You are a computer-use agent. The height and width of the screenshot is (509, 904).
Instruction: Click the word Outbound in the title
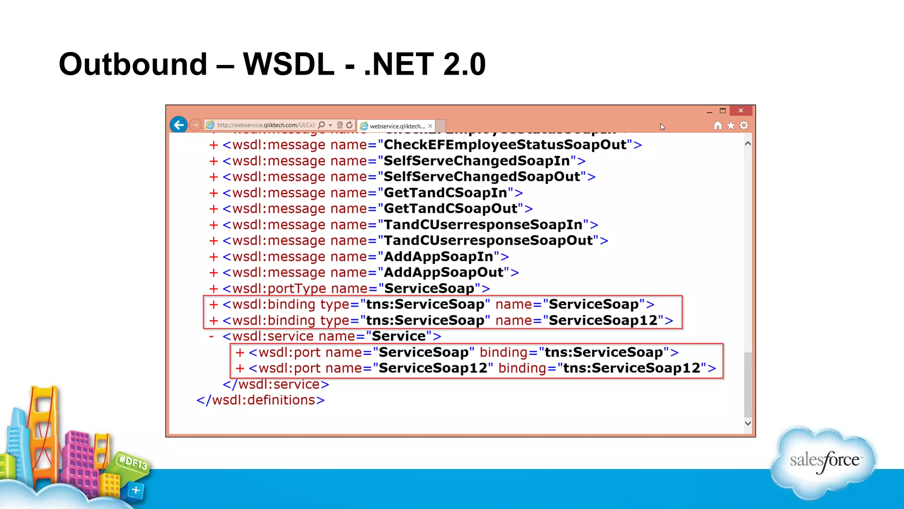pos(133,65)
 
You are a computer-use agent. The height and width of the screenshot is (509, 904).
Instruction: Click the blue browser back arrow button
pos(179,125)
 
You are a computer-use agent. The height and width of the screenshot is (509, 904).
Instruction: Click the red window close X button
pos(741,110)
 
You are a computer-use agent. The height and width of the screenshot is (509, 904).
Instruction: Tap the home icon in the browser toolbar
pos(718,125)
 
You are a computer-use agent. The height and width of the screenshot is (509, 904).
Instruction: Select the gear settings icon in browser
pos(744,125)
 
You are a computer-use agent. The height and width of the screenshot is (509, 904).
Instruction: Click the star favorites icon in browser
pos(731,125)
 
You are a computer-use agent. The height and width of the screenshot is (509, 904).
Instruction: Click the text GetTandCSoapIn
pos(445,193)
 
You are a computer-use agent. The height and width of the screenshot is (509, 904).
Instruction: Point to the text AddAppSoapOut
pos(444,272)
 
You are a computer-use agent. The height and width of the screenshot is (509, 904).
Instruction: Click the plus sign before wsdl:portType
pos(214,289)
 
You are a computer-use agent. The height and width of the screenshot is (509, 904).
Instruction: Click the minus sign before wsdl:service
pos(211,337)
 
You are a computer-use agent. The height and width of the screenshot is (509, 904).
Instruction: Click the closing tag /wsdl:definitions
pos(260,400)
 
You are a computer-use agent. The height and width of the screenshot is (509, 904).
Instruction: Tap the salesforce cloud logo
pos(824,462)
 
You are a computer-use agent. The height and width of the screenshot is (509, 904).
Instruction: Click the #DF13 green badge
pos(132,463)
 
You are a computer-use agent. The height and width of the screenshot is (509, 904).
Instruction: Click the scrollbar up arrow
pos(748,144)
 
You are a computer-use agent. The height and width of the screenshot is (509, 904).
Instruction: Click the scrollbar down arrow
pos(748,423)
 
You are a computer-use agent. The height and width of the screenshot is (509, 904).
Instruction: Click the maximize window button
pos(723,110)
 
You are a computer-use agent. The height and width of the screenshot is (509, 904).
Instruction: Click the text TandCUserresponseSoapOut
pos(488,240)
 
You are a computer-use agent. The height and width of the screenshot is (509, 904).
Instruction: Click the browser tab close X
pos(430,126)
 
